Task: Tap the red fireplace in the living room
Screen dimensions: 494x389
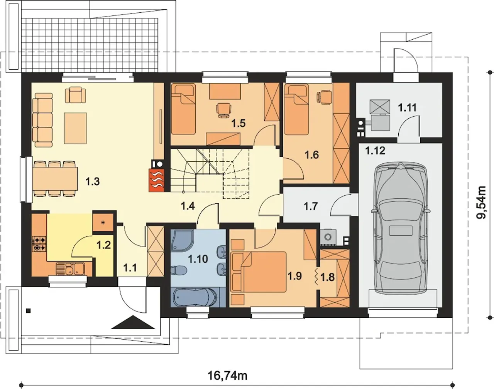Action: click(x=156, y=180)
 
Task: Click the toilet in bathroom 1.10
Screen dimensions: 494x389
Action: click(x=178, y=270)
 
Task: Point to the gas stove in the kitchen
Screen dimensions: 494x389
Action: click(x=39, y=244)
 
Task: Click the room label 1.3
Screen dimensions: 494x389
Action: click(x=93, y=182)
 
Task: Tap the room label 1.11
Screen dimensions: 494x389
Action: click(x=407, y=107)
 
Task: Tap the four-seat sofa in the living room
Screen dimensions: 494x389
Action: click(x=42, y=120)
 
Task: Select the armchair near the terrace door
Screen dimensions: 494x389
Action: click(x=76, y=95)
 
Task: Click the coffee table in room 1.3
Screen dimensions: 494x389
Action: click(x=75, y=128)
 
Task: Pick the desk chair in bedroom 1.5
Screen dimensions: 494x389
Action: click(x=224, y=111)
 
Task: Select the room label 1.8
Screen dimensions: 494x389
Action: click(x=328, y=277)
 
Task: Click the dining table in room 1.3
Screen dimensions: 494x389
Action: click(x=55, y=179)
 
